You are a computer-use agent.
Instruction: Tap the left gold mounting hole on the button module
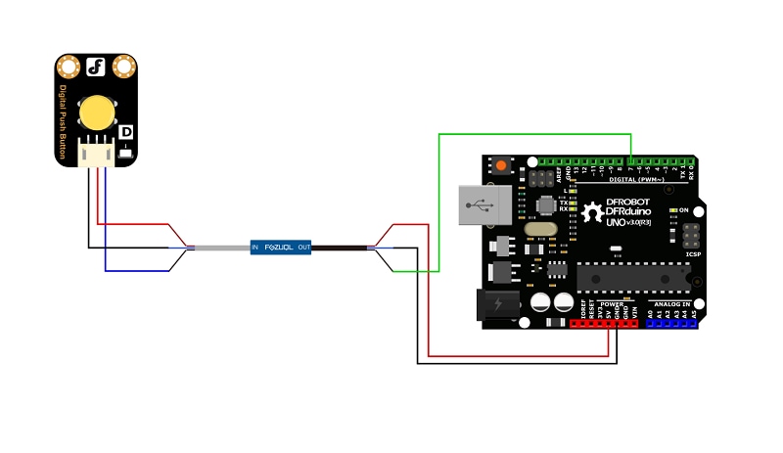pos(69,67)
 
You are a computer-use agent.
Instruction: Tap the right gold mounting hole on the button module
pos(123,67)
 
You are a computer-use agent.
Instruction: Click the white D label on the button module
pos(125,131)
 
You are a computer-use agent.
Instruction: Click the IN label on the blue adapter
pos(255,248)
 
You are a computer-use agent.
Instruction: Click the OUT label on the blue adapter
pos(304,248)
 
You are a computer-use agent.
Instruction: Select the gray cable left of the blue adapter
pos(222,248)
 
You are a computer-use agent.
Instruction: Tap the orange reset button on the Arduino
pos(502,165)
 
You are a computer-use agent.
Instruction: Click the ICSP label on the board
pos(693,254)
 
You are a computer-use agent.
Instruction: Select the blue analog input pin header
pos(670,323)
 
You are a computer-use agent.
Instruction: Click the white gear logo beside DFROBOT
pos(591,212)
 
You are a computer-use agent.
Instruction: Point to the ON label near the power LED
pos(684,210)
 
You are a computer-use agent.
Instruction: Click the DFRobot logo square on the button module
pos(96,67)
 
